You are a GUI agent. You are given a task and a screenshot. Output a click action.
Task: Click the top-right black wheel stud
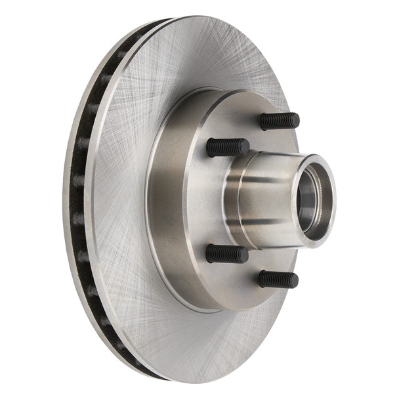coord(280,121)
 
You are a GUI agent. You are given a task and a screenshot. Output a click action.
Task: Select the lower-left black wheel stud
coord(227,254)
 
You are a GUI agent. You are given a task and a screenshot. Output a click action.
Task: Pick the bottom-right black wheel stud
coord(278,279)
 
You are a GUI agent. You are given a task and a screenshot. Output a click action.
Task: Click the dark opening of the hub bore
coord(308,200)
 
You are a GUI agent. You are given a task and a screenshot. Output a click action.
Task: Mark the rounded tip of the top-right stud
coord(296,121)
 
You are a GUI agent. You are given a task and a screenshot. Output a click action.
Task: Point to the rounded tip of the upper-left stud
coord(245,147)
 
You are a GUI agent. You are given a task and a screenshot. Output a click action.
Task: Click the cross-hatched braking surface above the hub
coord(197,59)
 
